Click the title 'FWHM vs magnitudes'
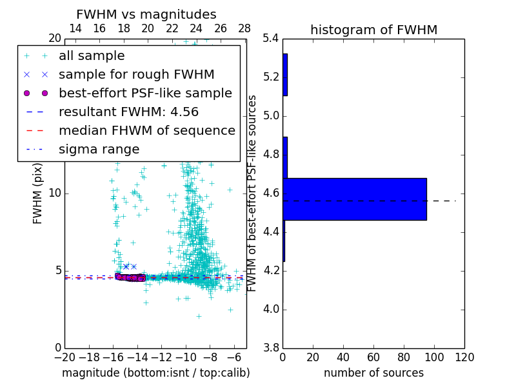[x=146, y=14]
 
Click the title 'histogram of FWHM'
[x=373, y=30]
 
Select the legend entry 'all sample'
[x=92, y=56]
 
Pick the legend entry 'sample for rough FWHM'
[x=136, y=75]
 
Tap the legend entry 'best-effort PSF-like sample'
[x=145, y=94]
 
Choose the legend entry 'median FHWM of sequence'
[x=146, y=131]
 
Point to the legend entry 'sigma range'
[x=99, y=150]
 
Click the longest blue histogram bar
[x=354, y=199]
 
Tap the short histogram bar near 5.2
[x=285, y=75]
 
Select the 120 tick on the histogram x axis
[x=464, y=357]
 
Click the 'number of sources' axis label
[x=373, y=373]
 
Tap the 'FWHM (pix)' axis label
[x=38, y=193]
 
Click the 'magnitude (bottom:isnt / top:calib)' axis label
[x=155, y=373]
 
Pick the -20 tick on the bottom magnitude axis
[x=64, y=357]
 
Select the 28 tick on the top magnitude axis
[x=244, y=28]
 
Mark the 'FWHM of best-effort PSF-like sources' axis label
[x=253, y=193]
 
